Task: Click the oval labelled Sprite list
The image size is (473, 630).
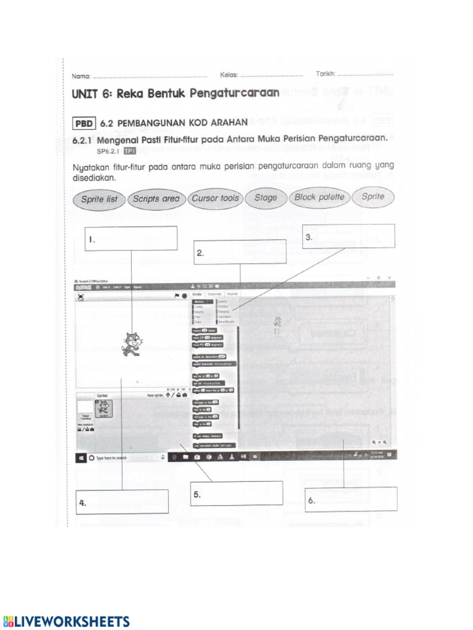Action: (x=99, y=199)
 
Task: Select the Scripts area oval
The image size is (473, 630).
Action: (x=156, y=199)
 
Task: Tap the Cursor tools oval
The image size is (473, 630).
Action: (x=214, y=199)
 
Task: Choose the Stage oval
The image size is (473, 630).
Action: (x=265, y=198)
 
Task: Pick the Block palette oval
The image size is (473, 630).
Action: (x=319, y=197)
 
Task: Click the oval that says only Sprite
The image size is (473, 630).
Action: (x=373, y=197)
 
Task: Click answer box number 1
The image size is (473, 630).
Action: (x=131, y=239)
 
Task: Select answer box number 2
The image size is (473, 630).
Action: (x=240, y=252)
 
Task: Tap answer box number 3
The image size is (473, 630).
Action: (x=348, y=236)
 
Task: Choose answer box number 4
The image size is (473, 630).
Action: (x=122, y=501)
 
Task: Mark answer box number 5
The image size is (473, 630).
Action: (x=236, y=493)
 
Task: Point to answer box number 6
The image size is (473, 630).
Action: (x=350, y=499)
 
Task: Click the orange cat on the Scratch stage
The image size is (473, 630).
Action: (x=132, y=343)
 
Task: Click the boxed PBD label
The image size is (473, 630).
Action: (x=83, y=123)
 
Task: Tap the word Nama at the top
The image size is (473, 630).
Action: (x=81, y=76)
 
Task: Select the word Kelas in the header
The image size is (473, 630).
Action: (x=228, y=74)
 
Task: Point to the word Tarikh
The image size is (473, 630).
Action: (x=326, y=73)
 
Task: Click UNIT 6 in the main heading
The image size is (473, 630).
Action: (x=92, y=94)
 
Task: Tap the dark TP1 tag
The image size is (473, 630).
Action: (x=129, y=151)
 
